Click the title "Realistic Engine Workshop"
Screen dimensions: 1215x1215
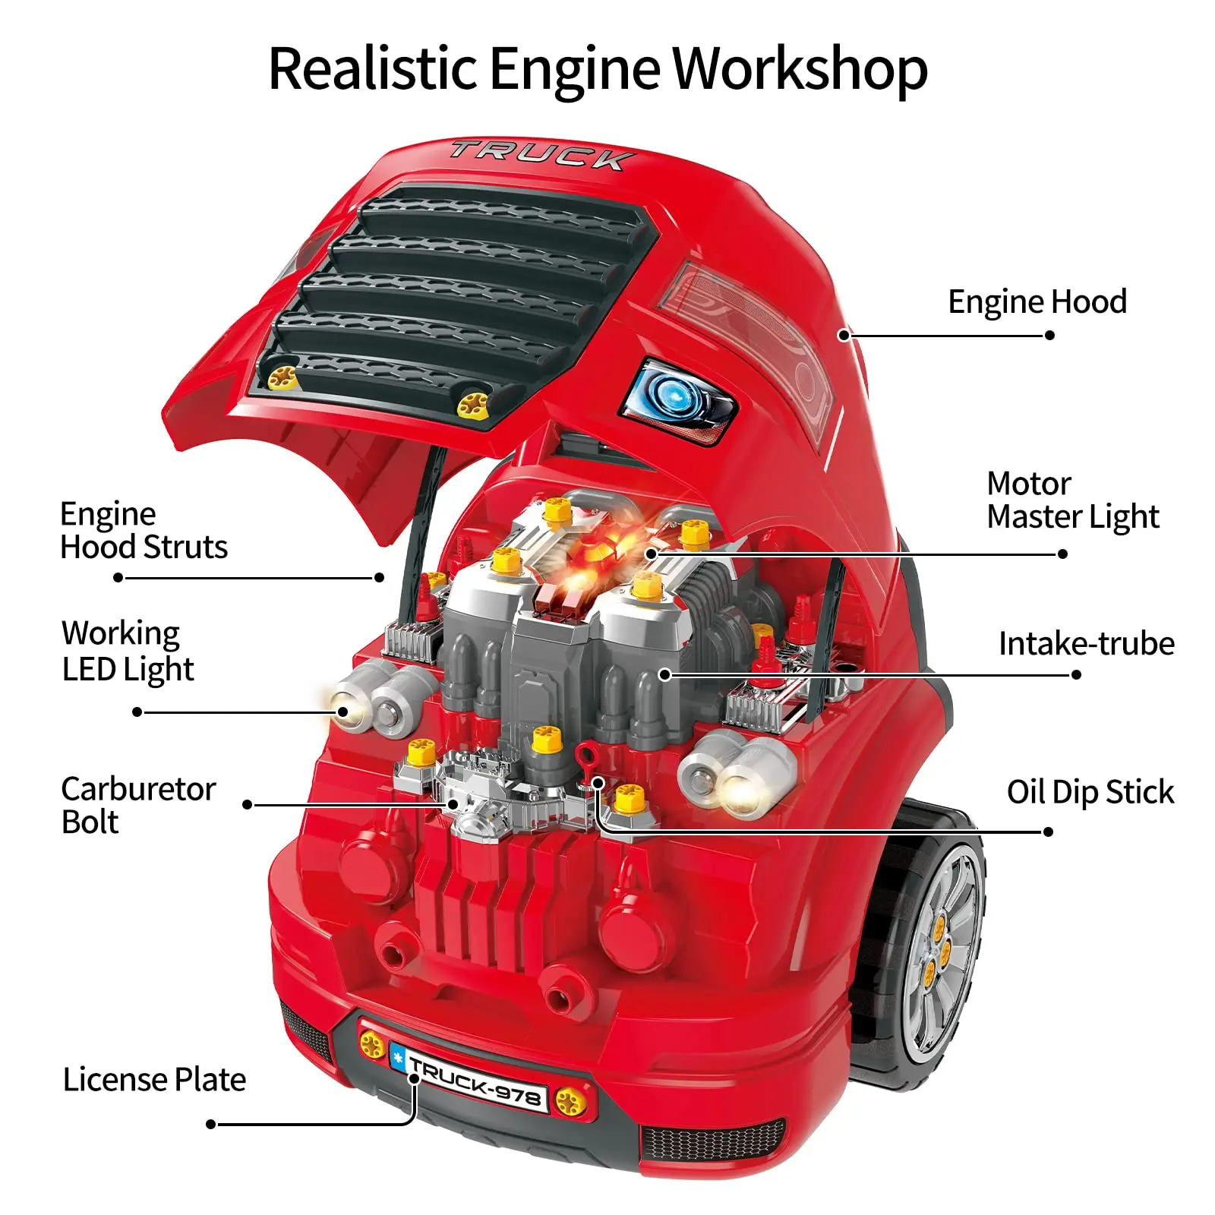click(x=598, y=69)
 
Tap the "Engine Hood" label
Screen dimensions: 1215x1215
click(x=1037, y=301)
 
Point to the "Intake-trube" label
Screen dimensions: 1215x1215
click(x=1086, y=643)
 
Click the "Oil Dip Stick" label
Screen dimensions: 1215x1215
click(x=1090, y=791)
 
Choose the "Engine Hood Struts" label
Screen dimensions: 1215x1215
click(x=144, y=530)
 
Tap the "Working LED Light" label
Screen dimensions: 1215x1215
click(x=128, y=651)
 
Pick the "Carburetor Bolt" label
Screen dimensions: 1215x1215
click(x=138, y=805)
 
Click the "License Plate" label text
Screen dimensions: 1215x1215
click(x=154, y=1079)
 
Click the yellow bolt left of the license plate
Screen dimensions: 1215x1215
click(x=372, y=1045)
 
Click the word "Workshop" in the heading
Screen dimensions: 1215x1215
click(x=800, y=69)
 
